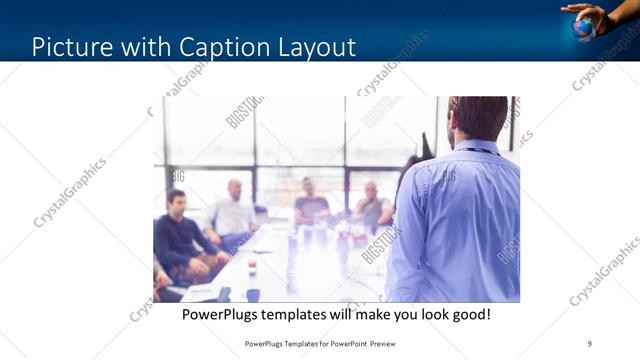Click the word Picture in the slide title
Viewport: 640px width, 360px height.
(x=70, y=46)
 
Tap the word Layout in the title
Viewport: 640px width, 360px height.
(x=318, y=46)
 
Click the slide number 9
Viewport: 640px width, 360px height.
(x=589, y=343)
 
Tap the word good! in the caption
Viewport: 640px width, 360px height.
(x=470, y=314)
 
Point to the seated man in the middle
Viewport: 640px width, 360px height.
(x=311, y=204)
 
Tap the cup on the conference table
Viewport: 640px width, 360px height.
(x=252, y=267)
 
